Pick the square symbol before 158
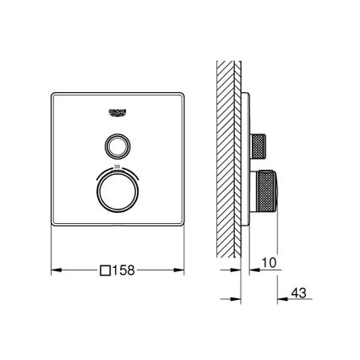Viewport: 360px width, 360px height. (106, 271)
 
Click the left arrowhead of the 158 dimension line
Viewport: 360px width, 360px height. (56, 271)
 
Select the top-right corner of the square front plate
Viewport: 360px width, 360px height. (183, 89)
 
